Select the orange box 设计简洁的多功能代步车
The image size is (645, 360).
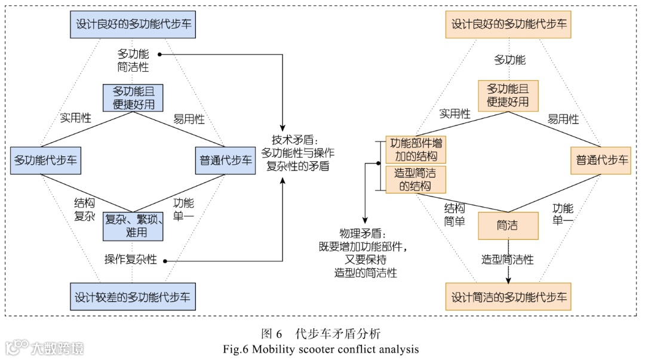[509, 296]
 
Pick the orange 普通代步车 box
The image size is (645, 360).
[601, 160]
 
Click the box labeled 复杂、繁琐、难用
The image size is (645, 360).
[133, 226]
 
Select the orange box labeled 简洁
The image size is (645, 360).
[508, 226]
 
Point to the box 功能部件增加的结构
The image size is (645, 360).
[416, 150]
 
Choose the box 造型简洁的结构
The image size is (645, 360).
[416, 180]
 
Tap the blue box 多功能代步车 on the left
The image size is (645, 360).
[45, 160]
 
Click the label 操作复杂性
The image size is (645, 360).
[130, 260]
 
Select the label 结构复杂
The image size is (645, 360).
[84, 210]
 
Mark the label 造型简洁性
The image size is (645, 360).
[508, 260]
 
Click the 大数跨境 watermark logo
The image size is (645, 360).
[44, 347]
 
